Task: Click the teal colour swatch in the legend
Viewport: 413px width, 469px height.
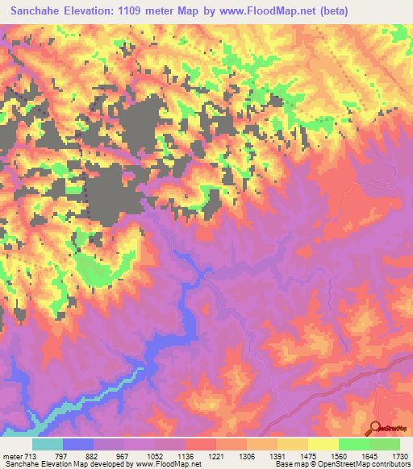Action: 48,445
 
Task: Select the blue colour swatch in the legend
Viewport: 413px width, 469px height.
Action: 78,445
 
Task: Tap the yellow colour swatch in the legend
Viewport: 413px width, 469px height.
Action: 323,445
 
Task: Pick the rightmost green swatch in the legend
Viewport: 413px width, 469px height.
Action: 384,445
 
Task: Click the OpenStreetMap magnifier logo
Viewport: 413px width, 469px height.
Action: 377,428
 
